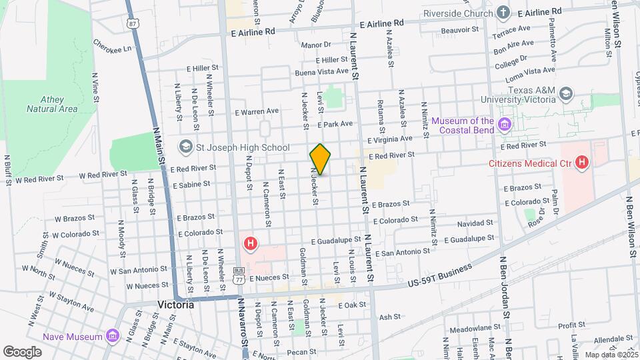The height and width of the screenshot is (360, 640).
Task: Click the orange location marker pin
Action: (x=321, y=159)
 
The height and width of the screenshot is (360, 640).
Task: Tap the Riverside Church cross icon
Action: (x=503, y=12)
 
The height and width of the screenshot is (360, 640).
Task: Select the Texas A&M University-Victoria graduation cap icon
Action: (x=566, y=93)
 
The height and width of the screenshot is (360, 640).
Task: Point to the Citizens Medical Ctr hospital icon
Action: (x=582, y=161)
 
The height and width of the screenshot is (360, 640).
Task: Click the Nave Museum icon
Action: (x=111, y=335)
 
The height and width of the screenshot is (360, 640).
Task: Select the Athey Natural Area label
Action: (x=53, y=103)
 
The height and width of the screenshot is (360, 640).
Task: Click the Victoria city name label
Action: (x=175, y=304)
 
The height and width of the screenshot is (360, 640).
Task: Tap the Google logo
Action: (x=22, y=351)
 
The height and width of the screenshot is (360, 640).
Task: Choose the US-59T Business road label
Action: (x=439, y=276)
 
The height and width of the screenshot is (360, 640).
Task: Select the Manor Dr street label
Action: (x=316, y=45)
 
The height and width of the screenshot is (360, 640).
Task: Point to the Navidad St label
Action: (x=475, y=223)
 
